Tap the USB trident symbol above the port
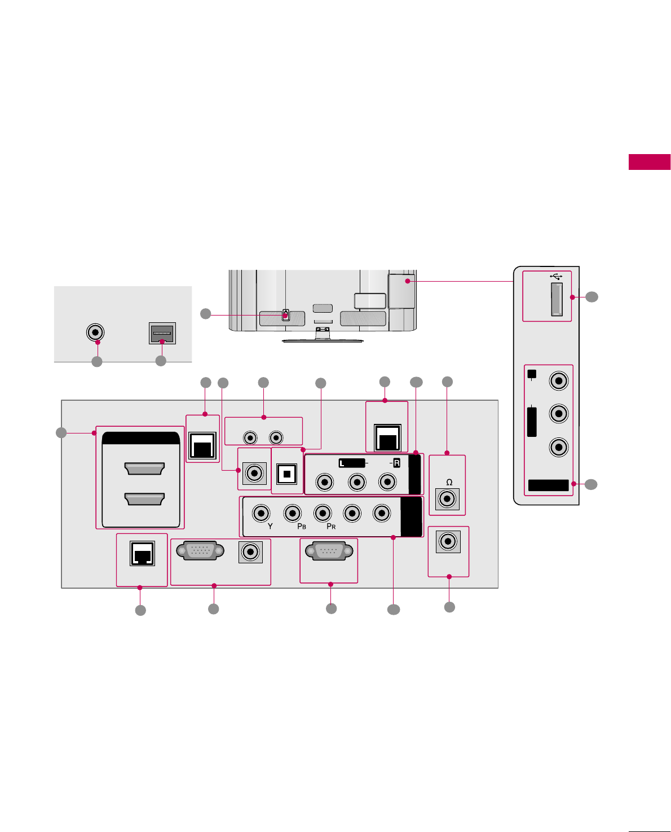556,277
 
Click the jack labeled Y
261,513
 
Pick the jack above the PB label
292,513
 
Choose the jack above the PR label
323,513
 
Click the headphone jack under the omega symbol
448,498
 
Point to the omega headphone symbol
449,483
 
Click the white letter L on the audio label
342,463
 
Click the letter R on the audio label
396,463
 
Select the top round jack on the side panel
559,380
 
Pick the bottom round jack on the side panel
559,448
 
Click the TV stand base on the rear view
323,340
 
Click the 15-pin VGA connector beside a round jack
196,550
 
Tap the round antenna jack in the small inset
95,332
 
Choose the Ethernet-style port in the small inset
162,333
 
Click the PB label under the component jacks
302,527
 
